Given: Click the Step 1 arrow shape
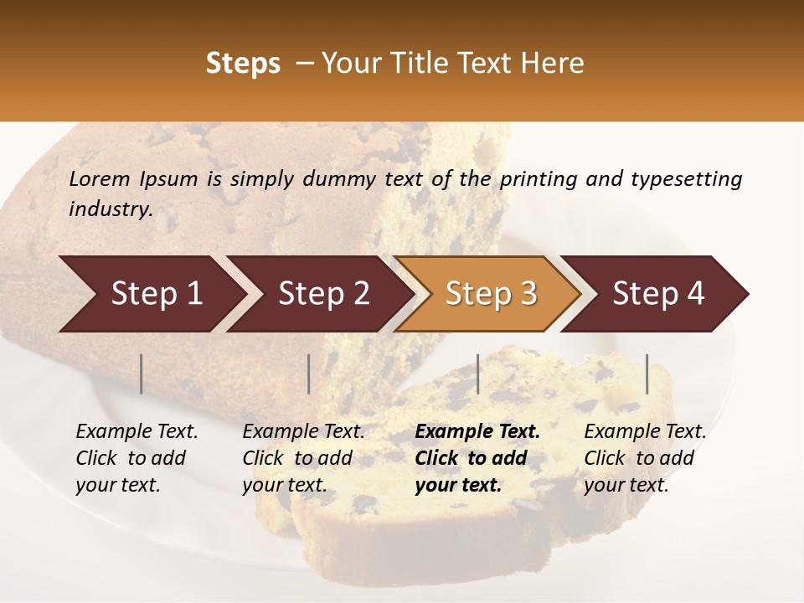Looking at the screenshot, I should click(x=151, y=294).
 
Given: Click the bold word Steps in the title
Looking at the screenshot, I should click(x=243, y=64).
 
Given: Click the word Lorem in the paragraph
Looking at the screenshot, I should click(x=99, y=178).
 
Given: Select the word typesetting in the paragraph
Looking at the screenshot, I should click(x=686, y=178).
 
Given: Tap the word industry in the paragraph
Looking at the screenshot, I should click(x=111, y=209).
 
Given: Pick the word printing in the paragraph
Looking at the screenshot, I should click(x=532, y=178).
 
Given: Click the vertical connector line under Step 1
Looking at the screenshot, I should click(x=142, y=374).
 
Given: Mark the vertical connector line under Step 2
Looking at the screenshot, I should click(x=309, y=374).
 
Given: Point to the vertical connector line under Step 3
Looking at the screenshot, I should click(x=478, y=374).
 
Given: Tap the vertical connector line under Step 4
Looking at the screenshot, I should click(x=647, y=374).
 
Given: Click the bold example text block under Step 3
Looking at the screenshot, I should click(x=476, y=458).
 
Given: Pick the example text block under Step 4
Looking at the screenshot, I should click(x=643, y=458).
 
